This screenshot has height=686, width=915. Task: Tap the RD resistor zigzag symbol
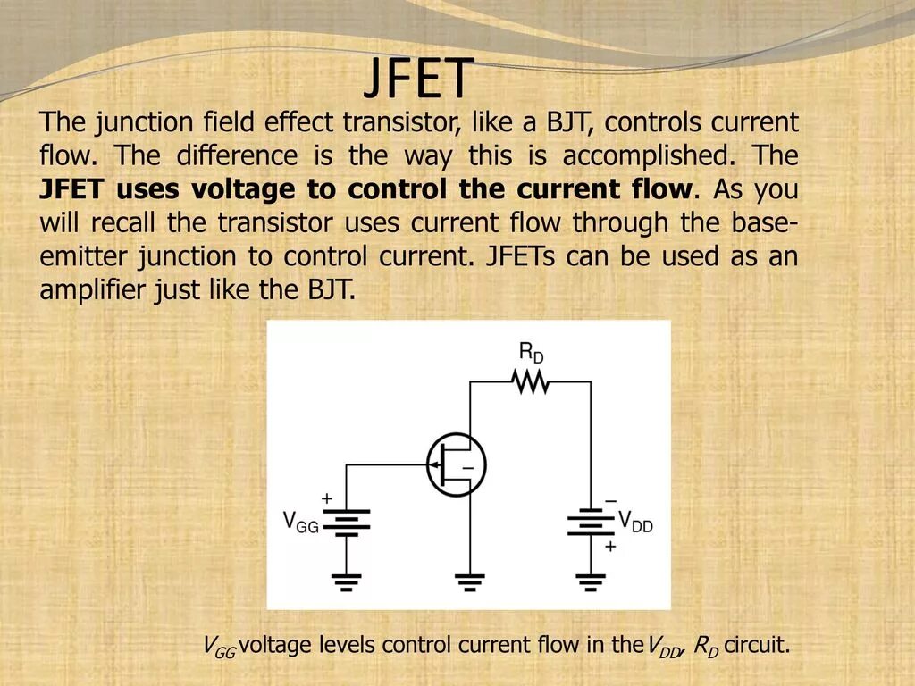pyautogui.click(x=530, y=381)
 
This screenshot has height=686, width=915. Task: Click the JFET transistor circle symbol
pyautogui.click(x=456, y=464)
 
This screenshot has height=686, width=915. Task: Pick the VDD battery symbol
pyautogui.click(x=590, y=523)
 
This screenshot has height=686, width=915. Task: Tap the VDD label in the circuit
pyautogui.click(x=636, y=522)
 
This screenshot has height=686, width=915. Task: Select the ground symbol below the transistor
pyautogui.click(x=471, y=581)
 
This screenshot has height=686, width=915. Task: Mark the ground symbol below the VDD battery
pyautogui.click(x=590, y=581)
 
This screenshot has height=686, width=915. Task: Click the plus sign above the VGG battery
pyautogui.click(x=327, y=498)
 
